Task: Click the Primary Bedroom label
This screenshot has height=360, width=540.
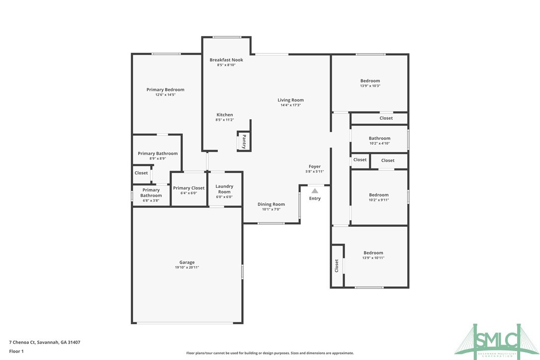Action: point(165,90)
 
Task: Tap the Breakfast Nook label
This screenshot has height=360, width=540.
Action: point(226,60)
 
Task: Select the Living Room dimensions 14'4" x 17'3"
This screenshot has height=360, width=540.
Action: point(290,105)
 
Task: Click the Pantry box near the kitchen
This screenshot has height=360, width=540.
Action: point(244,141)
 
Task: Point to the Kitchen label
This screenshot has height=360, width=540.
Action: point(224,115)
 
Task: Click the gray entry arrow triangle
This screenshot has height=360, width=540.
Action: point(315,190)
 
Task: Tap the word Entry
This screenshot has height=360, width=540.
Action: point(315,198)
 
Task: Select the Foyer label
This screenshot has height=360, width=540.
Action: point(314,167)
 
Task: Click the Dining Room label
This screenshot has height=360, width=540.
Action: point(271,204)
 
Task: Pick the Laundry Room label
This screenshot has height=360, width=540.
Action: point(224,189)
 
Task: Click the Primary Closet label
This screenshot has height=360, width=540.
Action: point(188,188)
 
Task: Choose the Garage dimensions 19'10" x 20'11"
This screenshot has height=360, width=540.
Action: point(187,268)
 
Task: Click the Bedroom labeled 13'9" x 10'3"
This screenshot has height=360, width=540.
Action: point(370,81)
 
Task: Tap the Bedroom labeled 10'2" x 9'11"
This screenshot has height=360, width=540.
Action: point(378,195)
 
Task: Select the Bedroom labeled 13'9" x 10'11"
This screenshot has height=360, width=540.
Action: point(373,253)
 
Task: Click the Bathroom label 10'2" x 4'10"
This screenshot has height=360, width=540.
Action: point(379,138)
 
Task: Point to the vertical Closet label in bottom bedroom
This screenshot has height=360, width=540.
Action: point(337,266)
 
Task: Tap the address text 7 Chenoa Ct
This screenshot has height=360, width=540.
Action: point(45,342)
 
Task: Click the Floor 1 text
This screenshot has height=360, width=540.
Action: point(16,351)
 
